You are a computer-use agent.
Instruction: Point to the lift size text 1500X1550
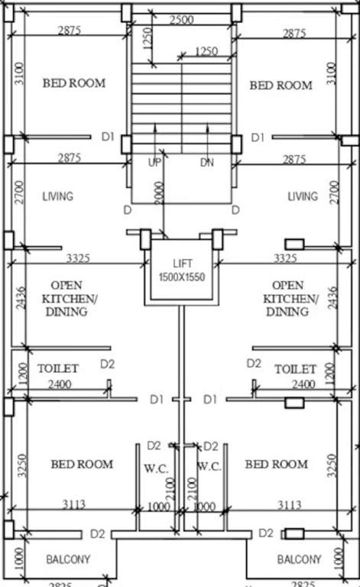click(x=182, y=276)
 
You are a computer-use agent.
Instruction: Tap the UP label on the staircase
click(x=155, y=163)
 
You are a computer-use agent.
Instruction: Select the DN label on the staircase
click(x=207, y=163)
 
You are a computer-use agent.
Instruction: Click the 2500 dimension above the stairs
click(x=181, y=21)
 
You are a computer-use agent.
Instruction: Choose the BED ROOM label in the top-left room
click(x=73, y=83)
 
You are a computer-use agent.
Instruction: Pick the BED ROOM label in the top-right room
click(x=281, y=85)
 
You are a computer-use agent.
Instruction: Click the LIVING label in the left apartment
click(x=58, y=196)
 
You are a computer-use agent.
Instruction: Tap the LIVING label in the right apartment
click(x=303, y=196)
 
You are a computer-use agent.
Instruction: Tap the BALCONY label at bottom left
click(x=68, y=559)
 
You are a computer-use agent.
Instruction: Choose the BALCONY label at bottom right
click(x=300, y=559)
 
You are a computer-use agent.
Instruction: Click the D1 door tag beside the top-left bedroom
click(x=108, y=137)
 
